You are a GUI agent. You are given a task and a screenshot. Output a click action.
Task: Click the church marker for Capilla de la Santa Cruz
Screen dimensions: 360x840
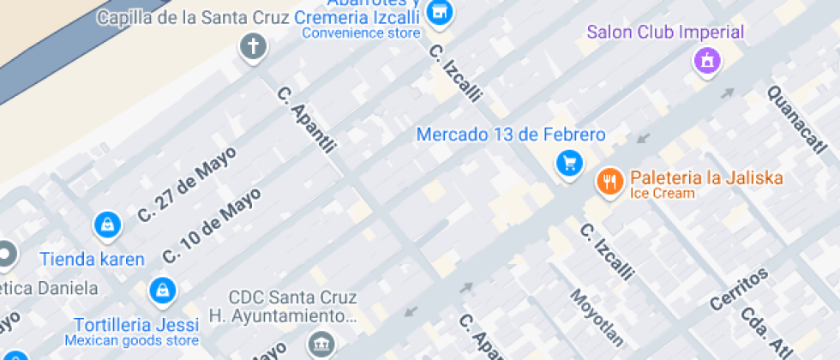[253, 46]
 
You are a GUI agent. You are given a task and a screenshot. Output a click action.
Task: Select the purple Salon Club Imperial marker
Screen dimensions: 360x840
[706, 60]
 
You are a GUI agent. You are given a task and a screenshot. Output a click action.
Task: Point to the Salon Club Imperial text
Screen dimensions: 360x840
[665, 33]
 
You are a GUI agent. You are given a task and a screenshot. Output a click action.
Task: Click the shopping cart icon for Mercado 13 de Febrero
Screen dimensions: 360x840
[568, 163]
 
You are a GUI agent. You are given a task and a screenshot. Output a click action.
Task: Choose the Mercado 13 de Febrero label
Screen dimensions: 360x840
[511, 135]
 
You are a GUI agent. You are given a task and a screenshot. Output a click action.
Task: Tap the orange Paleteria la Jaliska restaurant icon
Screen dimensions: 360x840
[609, 181]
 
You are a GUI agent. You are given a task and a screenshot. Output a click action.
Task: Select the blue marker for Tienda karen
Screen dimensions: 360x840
[106, 225]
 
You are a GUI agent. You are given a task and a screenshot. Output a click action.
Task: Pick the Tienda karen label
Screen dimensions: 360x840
[92, 259]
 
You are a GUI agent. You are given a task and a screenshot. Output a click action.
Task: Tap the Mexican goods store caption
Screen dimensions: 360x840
[136, 341]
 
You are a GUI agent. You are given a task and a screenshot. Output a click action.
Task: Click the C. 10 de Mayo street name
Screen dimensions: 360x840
[212, 226]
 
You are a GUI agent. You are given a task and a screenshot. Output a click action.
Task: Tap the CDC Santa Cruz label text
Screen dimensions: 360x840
[292, 299]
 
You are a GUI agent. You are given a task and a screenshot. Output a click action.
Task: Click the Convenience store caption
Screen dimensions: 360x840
[361, 33]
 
